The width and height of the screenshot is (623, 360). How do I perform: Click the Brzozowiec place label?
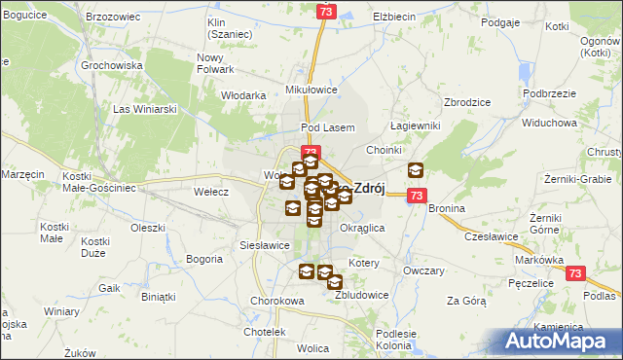[x=110, y=18]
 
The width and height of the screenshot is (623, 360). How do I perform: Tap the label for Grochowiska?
[x=112, y=66]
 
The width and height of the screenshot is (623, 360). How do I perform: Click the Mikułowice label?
[x=311, y=89]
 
